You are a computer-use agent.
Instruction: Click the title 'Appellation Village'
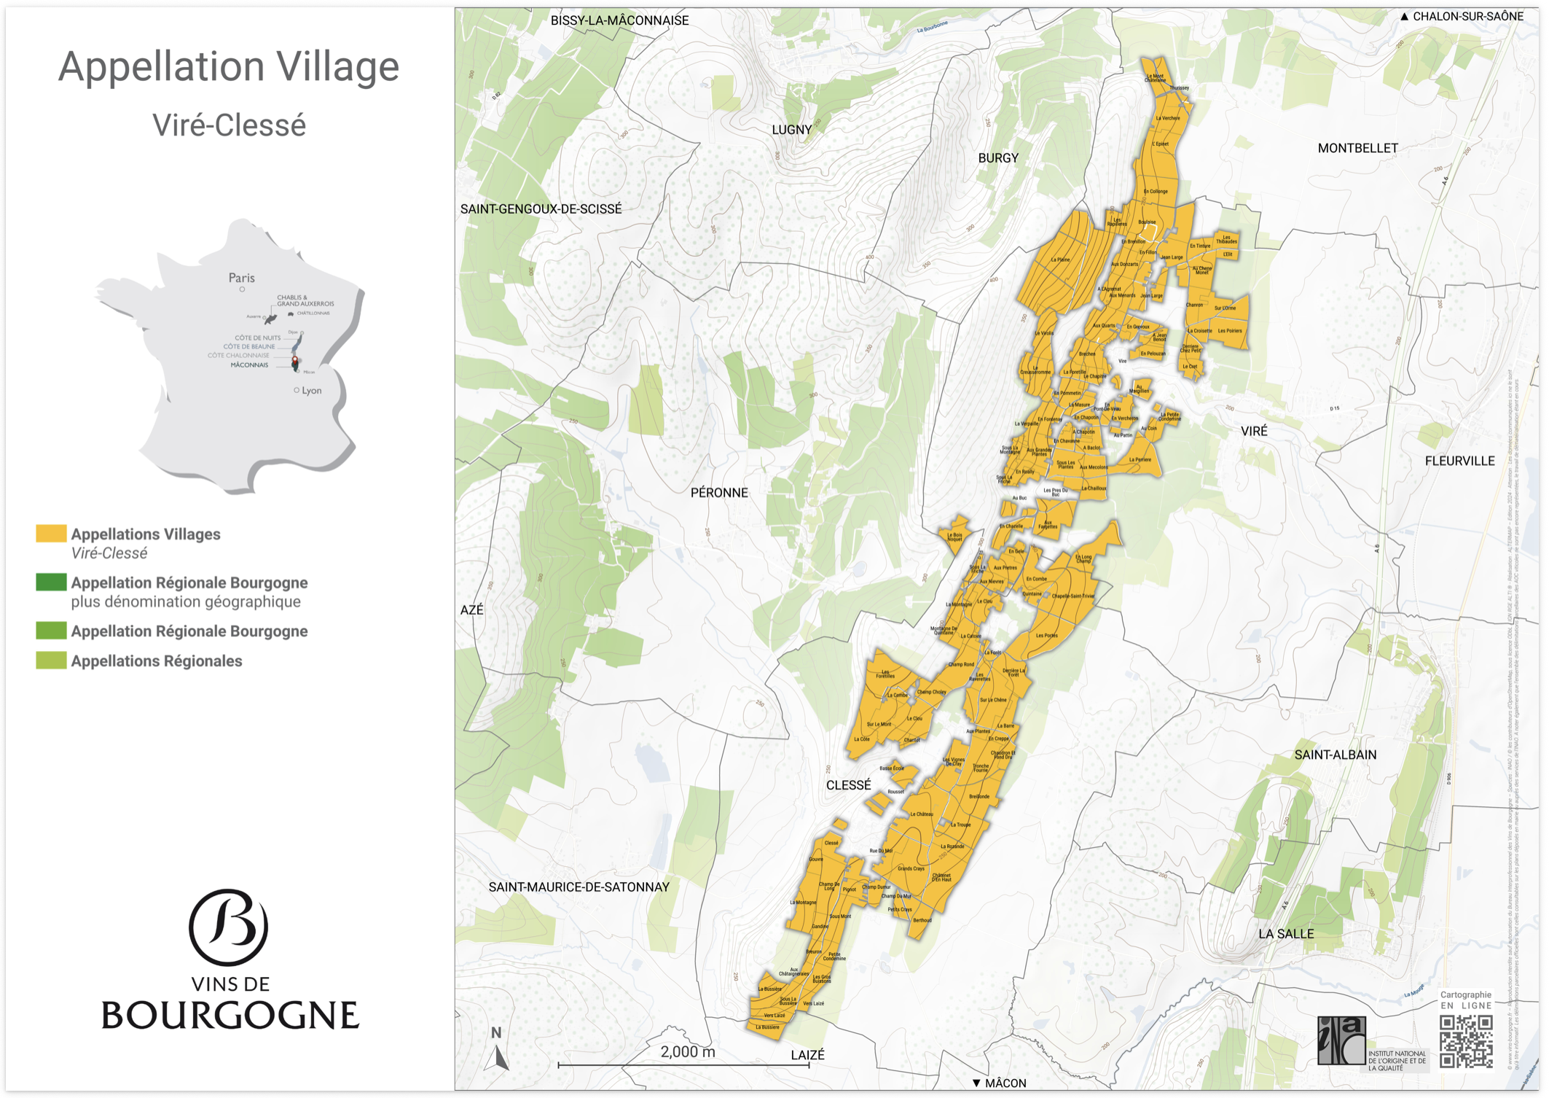pos(229,66)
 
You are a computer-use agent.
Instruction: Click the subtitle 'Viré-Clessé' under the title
pos(229,125)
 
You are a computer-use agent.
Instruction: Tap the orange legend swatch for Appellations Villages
pos(51,534)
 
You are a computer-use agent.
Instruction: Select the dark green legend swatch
pos(51,582)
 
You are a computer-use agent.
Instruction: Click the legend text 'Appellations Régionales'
pos(156,661)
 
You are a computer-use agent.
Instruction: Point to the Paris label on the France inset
pos(241,278)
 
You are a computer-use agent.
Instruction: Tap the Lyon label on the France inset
pos(311,391)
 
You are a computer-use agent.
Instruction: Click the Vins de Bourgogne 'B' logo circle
pos(229,927)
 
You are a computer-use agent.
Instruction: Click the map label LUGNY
pos(791,130)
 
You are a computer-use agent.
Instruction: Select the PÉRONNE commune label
pos(719,493)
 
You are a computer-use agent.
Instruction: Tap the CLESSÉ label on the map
pos(848,785)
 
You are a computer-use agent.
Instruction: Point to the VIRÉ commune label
pos(1254,431)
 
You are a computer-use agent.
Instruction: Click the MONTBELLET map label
pos(1357,148)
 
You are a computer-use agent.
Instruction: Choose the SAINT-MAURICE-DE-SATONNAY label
pos(579,887)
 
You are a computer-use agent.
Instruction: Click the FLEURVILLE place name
pos(1459,461)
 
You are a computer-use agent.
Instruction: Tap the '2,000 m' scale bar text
pos(687,1052)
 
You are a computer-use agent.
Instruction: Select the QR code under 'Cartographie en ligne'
pos(1466,1042)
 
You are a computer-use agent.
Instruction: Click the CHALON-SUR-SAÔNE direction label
pos(1467,16)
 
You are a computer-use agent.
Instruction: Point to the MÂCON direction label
pos(1004,1083)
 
